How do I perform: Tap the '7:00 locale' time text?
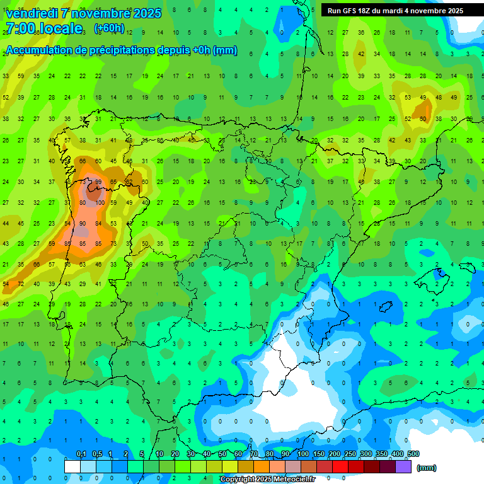pyautogui.click(x=43, y=28)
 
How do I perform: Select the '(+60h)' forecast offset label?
pyautogui.click(x=109, y=28)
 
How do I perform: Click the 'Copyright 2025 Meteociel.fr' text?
pyautogui.click(x=267, y=480)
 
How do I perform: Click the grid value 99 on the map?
pyautogui.click(x=98, y=182)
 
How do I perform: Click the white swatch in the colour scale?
pyautogui.click(x=72, y=467)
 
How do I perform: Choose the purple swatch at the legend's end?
pyautogui.click(x=404, y=467)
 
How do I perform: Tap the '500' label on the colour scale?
pyautogui.click(x=413, y=454)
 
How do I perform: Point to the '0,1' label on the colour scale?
pyautogui.click(x=81, y=454)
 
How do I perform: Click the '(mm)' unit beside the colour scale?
pyautogui.click(x=427, y=468)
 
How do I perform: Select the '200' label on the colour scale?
pyautogui.click(x=334, y=454)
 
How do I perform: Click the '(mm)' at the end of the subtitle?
pyautogui.click(x=225, y=50)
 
